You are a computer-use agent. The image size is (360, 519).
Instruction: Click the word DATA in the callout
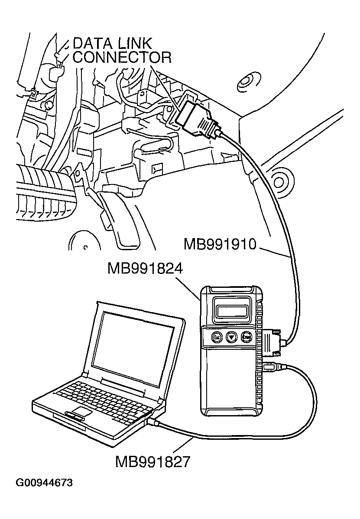coord(93,44)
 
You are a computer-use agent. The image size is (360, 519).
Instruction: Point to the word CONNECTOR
coord(122,58)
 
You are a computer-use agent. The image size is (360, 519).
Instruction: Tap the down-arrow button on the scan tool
coord(232,337)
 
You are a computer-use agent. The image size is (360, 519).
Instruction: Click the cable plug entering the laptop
coord(154,421)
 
